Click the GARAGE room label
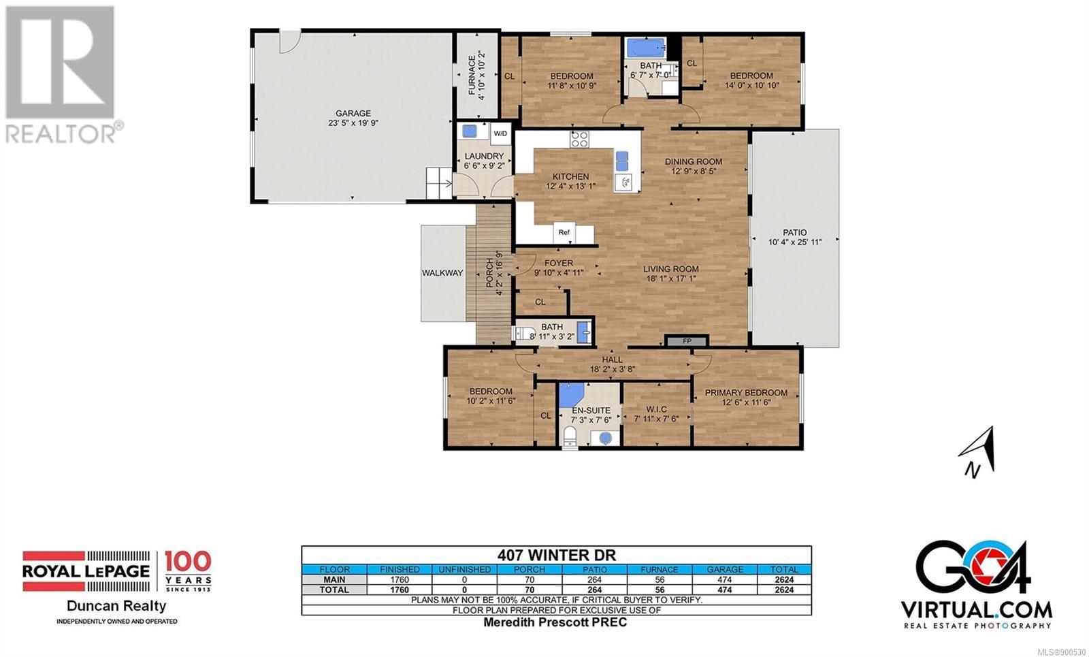pyautogui.click(x=353, y=113)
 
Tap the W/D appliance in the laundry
pyautogui.click(x=500, y=133)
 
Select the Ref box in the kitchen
pyautogui.click(x=564, y=232)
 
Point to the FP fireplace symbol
pyautogui.click(x=687, y=341)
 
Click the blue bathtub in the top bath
pyautogui.click(x=646, y=48)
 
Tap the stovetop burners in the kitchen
pyautogui.click(x=579, y=139)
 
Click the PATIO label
pyautogui.click(x=794, y=232)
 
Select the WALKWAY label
pyautogui.click(x=442, y=273)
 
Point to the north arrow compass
pyautogui.click(x=977, y=452)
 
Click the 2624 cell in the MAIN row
pyautogui.click(x=784, y=579)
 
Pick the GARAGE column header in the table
pyautogui.click(x=725, y=569)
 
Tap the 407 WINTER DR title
pyautogui.click(x=556, y=555)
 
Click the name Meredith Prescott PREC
pyautogui.click(x=555, y=622)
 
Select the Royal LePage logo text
pyautogui.click(x=86, y=571)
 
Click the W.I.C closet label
pyautogui.click(x=656, y=409)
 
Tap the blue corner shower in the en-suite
pyautogui.click(x=571, y=395)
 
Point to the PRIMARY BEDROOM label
pyautogui.click(x=746, y=392)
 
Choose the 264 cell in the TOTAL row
pyautogui.click(x=594, y=590)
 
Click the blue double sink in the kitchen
pyautogui.click(x=622, y=161)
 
